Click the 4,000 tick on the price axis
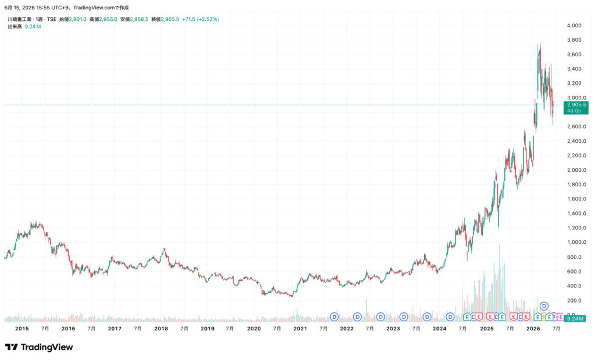coord(574,26)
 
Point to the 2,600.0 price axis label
coord(576,127)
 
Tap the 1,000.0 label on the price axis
coord(576,242)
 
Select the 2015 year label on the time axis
coord(22,329)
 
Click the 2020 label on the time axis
coord(254,329)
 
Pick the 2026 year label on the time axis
coord(533,329)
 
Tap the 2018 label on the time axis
coord(161,329)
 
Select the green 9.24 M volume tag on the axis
coord(575,319)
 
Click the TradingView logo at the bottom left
coord(39,347)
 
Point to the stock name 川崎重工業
coord(20,19)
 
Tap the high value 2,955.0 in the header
coord(108,19)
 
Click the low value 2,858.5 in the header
coord(139,19)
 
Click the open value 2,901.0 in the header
coord(77,19)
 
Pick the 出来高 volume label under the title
coord(15,27)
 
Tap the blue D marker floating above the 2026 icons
coord(544,306)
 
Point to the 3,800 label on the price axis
coord(574,40)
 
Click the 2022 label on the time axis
coord(346,329)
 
